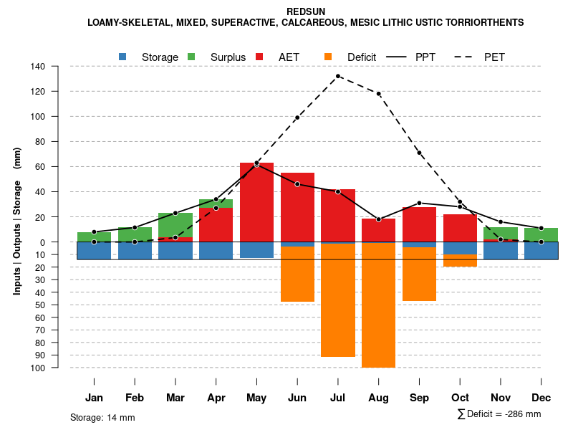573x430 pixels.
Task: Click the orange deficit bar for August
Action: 378,305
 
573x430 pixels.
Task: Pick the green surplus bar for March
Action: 175,224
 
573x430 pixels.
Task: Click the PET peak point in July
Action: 338,76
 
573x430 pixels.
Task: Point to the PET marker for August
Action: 378,94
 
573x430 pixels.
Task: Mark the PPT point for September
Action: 419,203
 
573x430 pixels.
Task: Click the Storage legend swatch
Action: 123,57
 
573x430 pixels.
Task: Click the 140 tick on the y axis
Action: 38,67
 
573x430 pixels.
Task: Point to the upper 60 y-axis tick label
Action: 41,167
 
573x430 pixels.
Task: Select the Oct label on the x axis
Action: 460,398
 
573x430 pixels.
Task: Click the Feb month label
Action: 135,398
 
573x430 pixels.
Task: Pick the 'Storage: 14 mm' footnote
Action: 102,417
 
